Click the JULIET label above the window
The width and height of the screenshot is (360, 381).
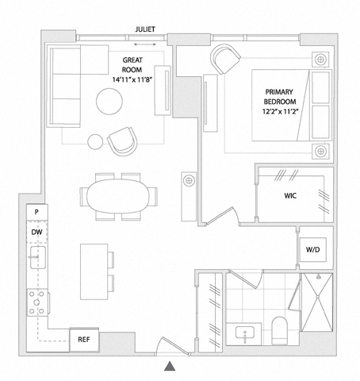tap(145, 29)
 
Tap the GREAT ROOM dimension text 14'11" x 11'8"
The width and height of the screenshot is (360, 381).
tap(132, 79)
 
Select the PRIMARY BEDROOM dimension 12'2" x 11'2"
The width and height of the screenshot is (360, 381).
tap(280, 111)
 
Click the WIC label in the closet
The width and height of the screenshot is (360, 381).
tap(290, 196)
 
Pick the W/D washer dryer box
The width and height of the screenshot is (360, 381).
tap(312, 249)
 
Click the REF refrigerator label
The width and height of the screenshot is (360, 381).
tap(84, 339)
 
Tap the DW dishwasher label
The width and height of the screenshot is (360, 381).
tap(36, 233)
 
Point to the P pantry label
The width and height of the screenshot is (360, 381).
tap(36, 212)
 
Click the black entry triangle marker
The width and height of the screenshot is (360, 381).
tap(170, 366)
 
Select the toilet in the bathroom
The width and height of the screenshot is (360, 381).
tap(279, 330)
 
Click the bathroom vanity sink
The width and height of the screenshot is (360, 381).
tap(245, 333)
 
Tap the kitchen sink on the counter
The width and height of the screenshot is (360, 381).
tap(38, 257)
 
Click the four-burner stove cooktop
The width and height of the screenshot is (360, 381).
tap(37, 302)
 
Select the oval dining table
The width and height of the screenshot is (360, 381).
tap(118, 196)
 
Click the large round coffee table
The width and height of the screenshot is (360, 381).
tap(109, 102)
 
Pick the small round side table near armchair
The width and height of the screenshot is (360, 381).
tap(95, 142)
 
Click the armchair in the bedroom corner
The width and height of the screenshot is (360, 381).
tap(225, 59)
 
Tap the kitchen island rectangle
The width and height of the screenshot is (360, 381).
tap(94, 271)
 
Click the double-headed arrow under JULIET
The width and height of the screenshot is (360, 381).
tap(145, 44)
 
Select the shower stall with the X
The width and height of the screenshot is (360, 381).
tap(317, 302)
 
